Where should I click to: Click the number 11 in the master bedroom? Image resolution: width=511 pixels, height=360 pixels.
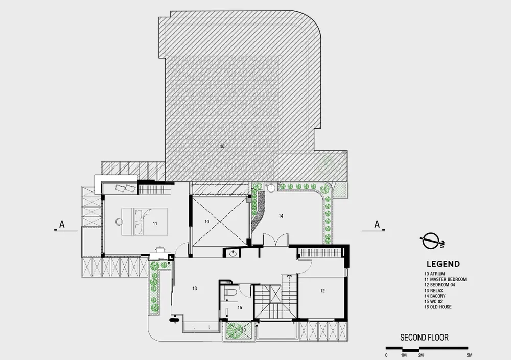[x=155, y=223]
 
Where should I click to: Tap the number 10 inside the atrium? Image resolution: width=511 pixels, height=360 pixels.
[x=206, y=222]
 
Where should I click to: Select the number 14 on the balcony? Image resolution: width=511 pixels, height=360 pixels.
[x=281, y=215]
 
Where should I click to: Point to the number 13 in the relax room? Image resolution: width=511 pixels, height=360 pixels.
[x=195, y=289]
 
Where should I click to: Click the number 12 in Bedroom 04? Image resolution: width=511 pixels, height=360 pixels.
[x=322, y=291]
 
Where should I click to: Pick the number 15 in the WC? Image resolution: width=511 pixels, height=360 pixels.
[x=240, y=307]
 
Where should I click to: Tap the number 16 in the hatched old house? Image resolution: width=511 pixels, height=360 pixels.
[x=222, y=146]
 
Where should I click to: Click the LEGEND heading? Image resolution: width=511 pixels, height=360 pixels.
[x=443, y=264]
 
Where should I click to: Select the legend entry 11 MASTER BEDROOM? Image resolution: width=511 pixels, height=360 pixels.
[x=445, y=279]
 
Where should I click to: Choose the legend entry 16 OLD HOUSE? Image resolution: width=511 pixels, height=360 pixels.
[x=438, y=307]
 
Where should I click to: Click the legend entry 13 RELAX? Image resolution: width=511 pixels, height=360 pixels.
[x=433, y=290]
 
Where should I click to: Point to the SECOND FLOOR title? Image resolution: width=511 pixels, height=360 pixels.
[x=424, y=337]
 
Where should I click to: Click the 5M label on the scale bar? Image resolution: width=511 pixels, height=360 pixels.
[x=469, y=355]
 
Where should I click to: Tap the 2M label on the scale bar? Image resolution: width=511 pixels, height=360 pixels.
[x=421, y=355]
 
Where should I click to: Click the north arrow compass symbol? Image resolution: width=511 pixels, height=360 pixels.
[x=431, y=242]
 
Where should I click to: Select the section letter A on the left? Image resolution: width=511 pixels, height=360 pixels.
[x=62, y=224]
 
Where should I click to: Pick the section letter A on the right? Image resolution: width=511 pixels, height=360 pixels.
[x=377, y=224]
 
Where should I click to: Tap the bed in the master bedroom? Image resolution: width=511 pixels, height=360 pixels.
[x=145, y=222]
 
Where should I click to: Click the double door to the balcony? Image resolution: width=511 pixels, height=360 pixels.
[x=276, y=240]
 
